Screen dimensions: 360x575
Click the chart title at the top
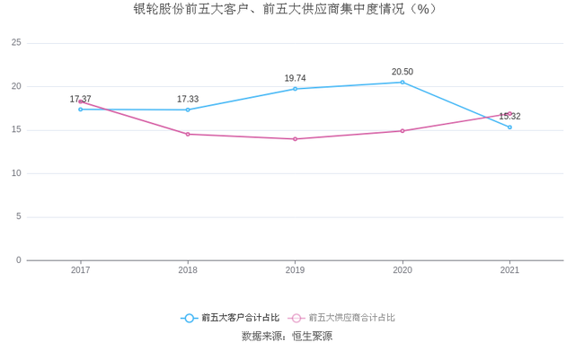(x=287, y=10)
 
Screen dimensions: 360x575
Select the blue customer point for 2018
(x=188, y=110)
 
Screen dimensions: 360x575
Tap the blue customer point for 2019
(x=296, y=89)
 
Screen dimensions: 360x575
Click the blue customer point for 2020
(x=402, y=82)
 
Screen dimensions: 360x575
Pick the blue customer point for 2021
(x=509, y=127)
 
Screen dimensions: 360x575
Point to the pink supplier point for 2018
(x=188, y=134)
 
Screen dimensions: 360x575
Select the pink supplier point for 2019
(x=296, y=139)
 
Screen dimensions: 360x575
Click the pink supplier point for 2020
(x=402, y=131)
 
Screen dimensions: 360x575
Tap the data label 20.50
(x=402, y=72)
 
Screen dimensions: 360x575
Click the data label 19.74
(x=296, y=78)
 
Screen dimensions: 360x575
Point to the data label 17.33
(x=188, y=99)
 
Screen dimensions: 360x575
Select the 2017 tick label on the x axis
(x=81, y=269)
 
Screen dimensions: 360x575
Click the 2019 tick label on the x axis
(x=296, y=269)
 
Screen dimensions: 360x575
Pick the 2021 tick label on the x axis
(x=509, y=269)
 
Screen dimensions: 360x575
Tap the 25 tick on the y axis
(x=16, y=43)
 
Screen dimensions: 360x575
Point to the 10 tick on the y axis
(x=16, y=173)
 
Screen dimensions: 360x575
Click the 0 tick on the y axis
(x=19, y=260)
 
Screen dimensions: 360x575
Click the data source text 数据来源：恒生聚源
(x=287, y=337)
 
